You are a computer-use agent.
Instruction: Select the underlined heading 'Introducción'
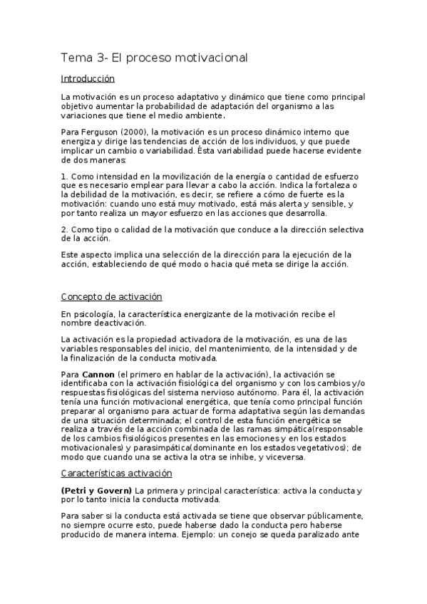pos(88,79)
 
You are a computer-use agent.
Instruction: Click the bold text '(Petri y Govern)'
pos(96,491)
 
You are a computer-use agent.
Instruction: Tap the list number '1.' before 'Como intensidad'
pos(64,176)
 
